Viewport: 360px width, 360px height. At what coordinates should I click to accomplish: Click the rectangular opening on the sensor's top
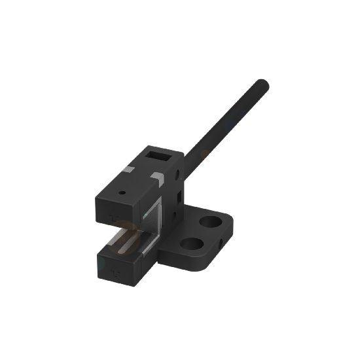[156, 156]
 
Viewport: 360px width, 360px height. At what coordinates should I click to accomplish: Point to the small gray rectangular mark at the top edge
[130, 170]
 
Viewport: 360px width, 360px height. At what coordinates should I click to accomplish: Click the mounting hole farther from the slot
[210, 221]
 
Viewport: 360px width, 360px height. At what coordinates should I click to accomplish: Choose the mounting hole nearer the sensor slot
[191, 244]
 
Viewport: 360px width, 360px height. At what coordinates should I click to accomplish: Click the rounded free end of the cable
[262, 84]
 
